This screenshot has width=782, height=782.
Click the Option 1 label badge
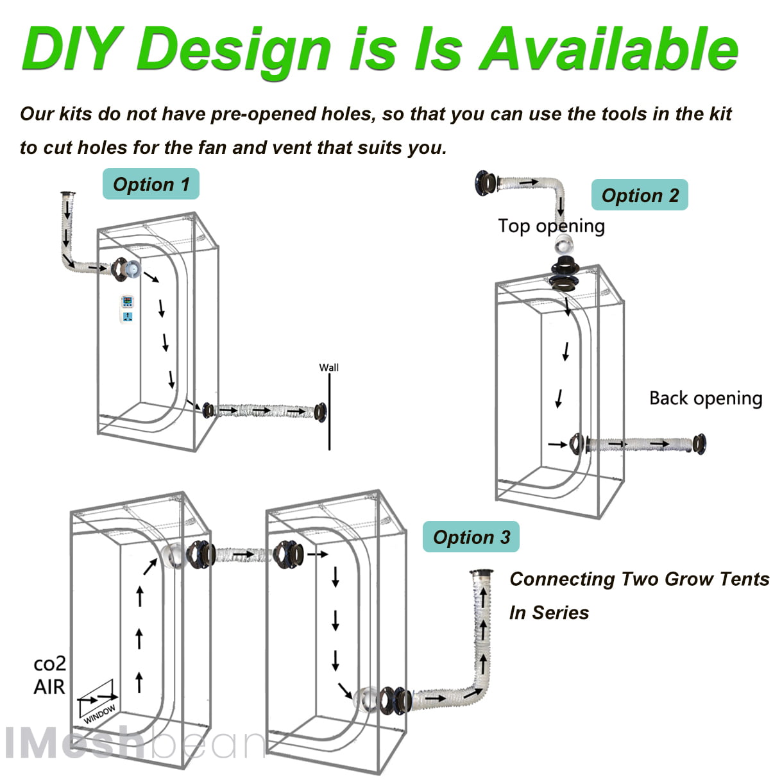click(151, 185)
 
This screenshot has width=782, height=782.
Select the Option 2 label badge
click(640, 196)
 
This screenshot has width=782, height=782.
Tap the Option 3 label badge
click(471, 538)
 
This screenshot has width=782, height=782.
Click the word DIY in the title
click(71, 49)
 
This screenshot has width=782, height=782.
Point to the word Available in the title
click(609, 49)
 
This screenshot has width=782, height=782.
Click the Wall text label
click(328, 368)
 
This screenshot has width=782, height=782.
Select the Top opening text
click(551, 226)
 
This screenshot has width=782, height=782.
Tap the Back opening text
click(706, 398)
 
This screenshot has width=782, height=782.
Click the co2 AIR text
click(49, 676)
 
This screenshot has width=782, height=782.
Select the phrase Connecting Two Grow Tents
click(639, 579)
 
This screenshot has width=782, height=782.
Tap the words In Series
click(549, 613)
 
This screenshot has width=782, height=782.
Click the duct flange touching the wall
click(320, 412)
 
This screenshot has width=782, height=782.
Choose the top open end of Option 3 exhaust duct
click(481, 572)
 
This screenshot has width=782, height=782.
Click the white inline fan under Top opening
click(565, 244)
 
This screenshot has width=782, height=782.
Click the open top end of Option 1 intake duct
click(67, 193)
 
